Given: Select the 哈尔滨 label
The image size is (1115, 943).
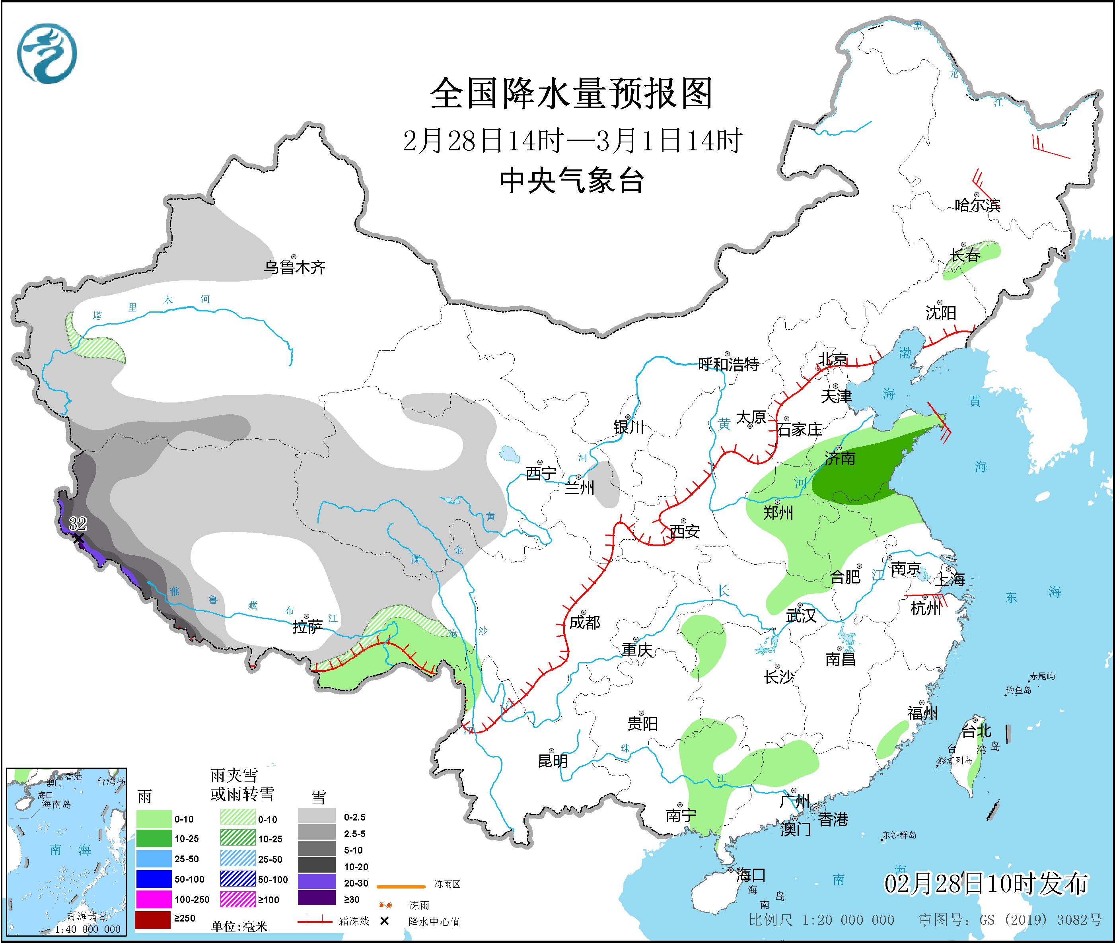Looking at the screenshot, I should pyautogui.click(x=977, y=205).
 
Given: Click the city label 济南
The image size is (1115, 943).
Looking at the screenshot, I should pyautogui.click(x=840, y=458).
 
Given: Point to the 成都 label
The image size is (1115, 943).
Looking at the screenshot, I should pyautogui.click(x=584, y=622).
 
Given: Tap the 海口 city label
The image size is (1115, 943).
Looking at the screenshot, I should pyautogui.click(x=751, y=875).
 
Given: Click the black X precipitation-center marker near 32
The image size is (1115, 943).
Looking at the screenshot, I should pyautogui.click(x=79, y=539).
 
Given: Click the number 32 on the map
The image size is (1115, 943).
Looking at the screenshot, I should pyautogui.click(x=78, y=523).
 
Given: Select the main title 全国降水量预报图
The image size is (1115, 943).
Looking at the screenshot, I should pyautogui.click(x=571, y=93).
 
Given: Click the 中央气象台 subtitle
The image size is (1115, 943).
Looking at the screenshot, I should pyautogui.click(x=571, y=180).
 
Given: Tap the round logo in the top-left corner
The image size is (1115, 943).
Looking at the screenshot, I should pyautogui.click(x=47, y=53).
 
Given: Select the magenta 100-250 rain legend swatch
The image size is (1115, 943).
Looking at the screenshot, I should pyautogui.click(x=152, y=899).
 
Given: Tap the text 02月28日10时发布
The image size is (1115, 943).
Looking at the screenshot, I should pyautogui.click(x=986, y=884).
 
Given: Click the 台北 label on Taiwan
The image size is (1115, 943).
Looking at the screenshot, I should pyautogui.click(x=977, y=731).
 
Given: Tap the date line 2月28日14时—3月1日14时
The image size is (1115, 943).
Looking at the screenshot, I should pyautogui.click(x=571, y=140).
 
